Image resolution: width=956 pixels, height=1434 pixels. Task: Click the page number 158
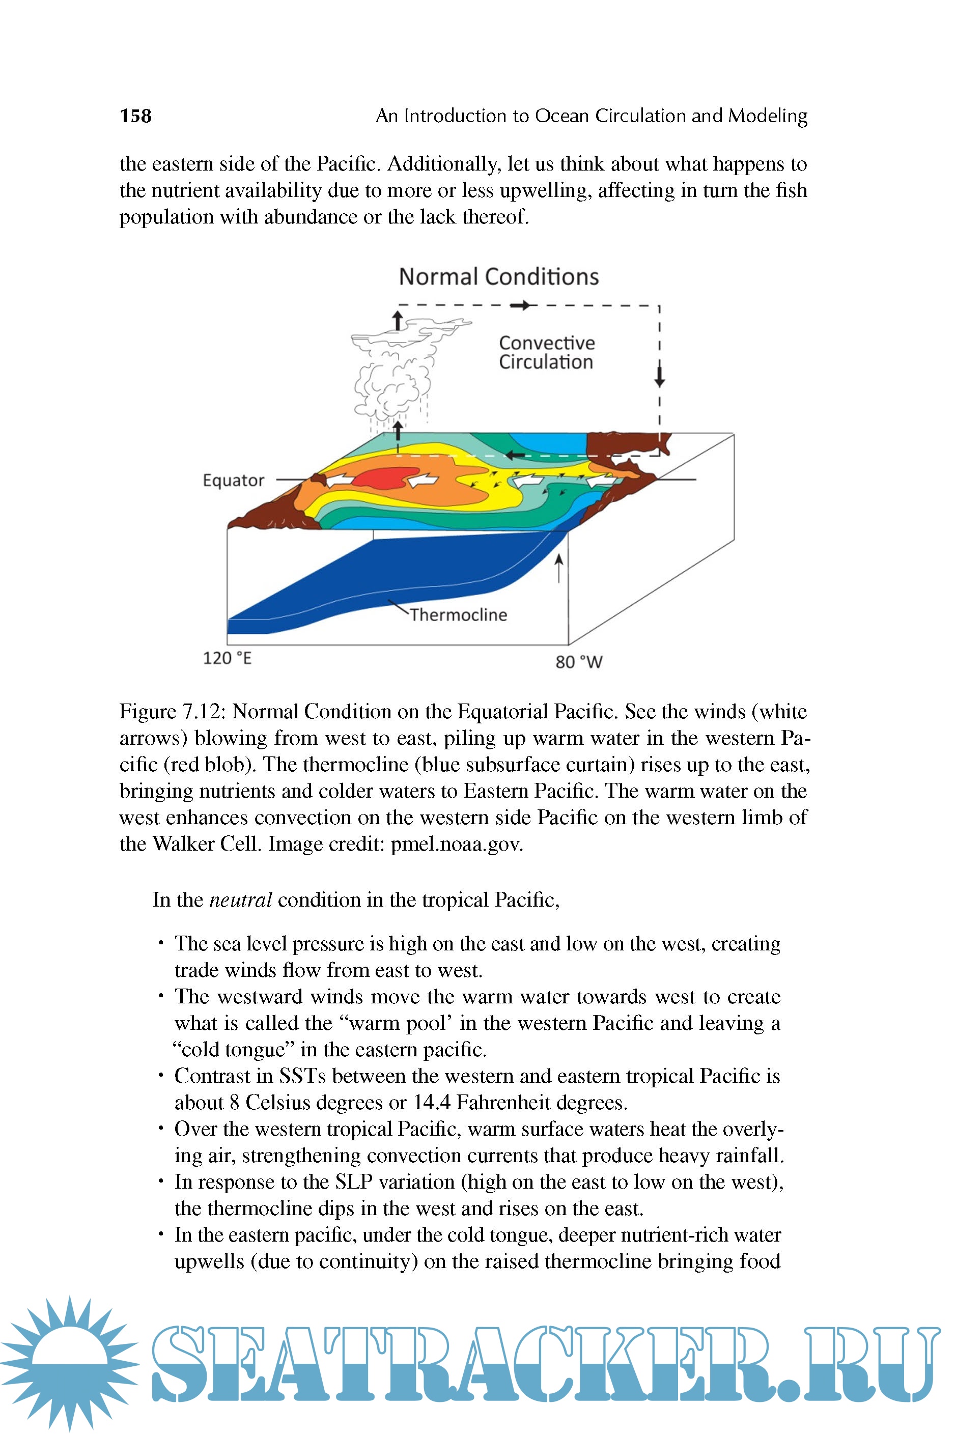point(135,116)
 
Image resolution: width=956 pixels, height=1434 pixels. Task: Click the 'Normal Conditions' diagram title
point(498,277)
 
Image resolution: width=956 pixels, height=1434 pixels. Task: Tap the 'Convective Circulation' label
point(546,352)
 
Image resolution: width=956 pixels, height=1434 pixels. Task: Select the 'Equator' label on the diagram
point(234,481)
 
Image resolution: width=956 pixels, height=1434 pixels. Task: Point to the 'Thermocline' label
point(459,614)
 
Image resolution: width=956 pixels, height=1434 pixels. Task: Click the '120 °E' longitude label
point(227,659)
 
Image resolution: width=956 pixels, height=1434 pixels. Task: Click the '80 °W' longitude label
point(579,662)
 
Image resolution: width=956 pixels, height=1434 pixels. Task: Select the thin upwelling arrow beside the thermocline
point(558,567)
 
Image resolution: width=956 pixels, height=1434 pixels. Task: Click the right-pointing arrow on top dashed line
point(520,305)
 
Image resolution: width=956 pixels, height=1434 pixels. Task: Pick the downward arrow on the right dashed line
point(659,374)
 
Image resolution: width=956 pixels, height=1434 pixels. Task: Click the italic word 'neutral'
point(240,900)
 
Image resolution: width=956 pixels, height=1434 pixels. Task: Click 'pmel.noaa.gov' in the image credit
point(456,844)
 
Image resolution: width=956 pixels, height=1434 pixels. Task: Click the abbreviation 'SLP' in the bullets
point(354,1182)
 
